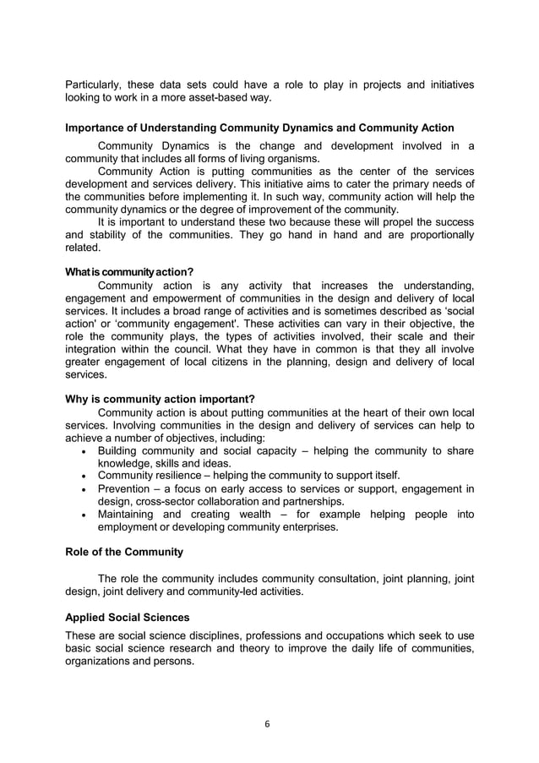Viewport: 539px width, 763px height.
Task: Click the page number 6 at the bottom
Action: [269, 724]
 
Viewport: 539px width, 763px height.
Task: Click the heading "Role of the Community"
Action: [124, 552]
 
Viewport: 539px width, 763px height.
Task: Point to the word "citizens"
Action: [228, 361]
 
